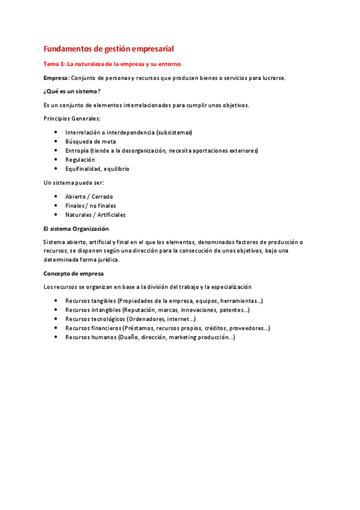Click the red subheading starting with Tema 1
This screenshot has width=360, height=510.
pos(112,64)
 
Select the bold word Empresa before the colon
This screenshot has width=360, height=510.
pos(56,78)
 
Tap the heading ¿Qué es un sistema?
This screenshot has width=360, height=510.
pos(72,91)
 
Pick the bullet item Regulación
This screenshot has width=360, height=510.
pos(80,160)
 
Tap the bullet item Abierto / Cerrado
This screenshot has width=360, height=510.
pos(89,197)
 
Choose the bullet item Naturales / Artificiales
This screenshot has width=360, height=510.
pos(96,215)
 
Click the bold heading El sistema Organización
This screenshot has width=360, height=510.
pos(76,229)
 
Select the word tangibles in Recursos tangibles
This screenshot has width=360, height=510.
pos(103,301)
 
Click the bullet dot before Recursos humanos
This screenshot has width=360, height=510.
pos(56,337)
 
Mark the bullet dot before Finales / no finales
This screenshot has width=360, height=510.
pos(56,206)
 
